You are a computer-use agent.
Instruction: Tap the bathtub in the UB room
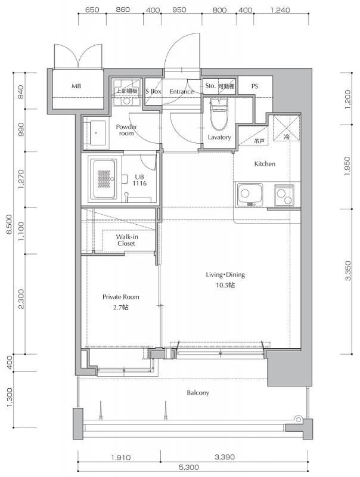pyautogui.click(x=104, y=179)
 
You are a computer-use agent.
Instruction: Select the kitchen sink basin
pyautogui.click(x=249, y=195)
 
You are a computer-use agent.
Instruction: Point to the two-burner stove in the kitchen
pyautogui.click(x=284, y=196)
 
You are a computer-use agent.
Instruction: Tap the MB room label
pyautogui.click(x=76, y=86)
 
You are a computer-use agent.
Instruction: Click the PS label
pyautogui.click(x=255, y=86)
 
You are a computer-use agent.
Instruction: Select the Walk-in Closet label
pyautogui.click(x=126, y=240)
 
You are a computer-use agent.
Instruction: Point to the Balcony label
pyautogui.click(x=198, y=393)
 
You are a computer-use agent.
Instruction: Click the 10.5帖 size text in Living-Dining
pyautogui.click(x=225, y=285)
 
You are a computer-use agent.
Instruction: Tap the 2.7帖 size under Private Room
pyautogui.click(x=121, y=307)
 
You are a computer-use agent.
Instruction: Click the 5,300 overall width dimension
pyautogui.click(x=189, y=467)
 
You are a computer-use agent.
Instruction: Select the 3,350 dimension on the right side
pyautogui.click(x=349, y=271)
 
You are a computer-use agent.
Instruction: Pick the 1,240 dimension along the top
pyautogui.click(x=280, y=10)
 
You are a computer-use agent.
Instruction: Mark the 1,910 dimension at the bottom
pyautogui.click(x=121, y=457)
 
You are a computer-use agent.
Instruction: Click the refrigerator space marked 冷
pyautogui.click(x=287, y=128)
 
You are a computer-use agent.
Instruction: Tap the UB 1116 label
pyautogui.click(x=139, y=180)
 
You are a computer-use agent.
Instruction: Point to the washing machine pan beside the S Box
pyautogui.click(x=127, y=92)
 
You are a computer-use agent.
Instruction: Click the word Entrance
pyautogui.click(x=182, y=92)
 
